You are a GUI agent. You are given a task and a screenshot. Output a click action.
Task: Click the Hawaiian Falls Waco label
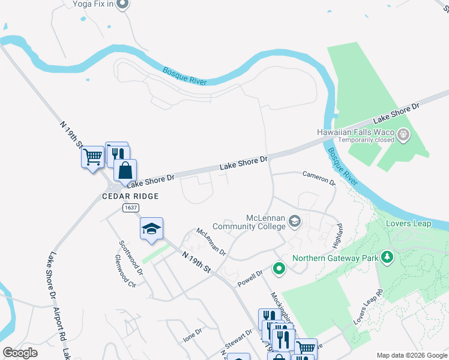pos(355,132)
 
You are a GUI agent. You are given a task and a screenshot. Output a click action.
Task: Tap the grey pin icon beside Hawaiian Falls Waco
pos(403,136)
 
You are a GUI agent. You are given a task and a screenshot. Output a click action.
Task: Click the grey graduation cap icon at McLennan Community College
pos(294,222)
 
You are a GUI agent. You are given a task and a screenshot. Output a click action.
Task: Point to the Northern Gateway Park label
pos(334,259)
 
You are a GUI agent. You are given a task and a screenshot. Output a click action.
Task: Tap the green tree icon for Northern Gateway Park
pos(388,258)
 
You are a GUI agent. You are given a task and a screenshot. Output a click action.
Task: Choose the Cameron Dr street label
pos(319,179)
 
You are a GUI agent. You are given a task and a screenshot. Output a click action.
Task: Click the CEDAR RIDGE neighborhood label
pos(130,196)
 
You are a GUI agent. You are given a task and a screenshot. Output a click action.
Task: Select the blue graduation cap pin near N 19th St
pos(152,229)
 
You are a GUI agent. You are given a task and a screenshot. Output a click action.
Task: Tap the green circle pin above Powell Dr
pos(279,268)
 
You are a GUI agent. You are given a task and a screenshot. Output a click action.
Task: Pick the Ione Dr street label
pos(193,335)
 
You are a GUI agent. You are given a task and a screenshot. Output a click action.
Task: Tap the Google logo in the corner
pos(20,353)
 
